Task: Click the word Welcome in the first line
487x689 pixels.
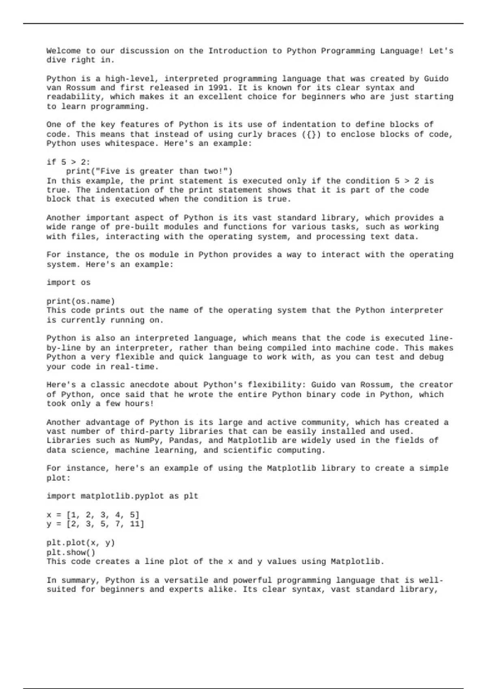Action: coord(63,51)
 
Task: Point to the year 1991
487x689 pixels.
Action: coord(218,88)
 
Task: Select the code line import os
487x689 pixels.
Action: coord(69,282)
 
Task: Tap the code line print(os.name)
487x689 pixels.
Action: coord(81,301)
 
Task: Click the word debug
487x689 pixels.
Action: coord(431,357)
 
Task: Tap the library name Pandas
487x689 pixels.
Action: coord(183,441)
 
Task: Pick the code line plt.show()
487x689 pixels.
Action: coord(71,552)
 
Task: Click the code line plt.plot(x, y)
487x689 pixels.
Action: coord(81,543)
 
